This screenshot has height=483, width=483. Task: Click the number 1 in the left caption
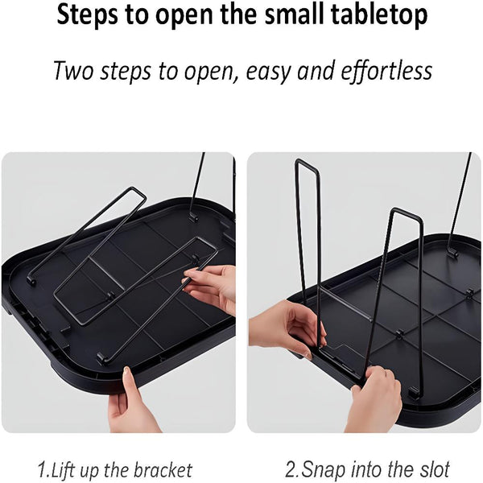point(42,469)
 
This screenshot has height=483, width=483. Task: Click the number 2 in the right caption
point(290,469)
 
